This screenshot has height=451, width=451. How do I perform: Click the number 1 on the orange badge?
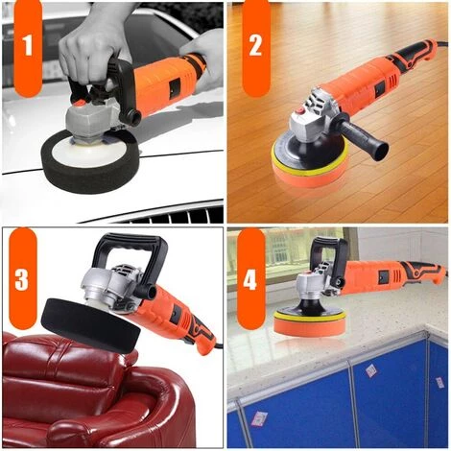click(28, 46)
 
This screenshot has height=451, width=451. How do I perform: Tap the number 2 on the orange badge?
click(255, 46)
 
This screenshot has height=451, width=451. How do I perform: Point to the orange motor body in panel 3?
click(178, 312)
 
